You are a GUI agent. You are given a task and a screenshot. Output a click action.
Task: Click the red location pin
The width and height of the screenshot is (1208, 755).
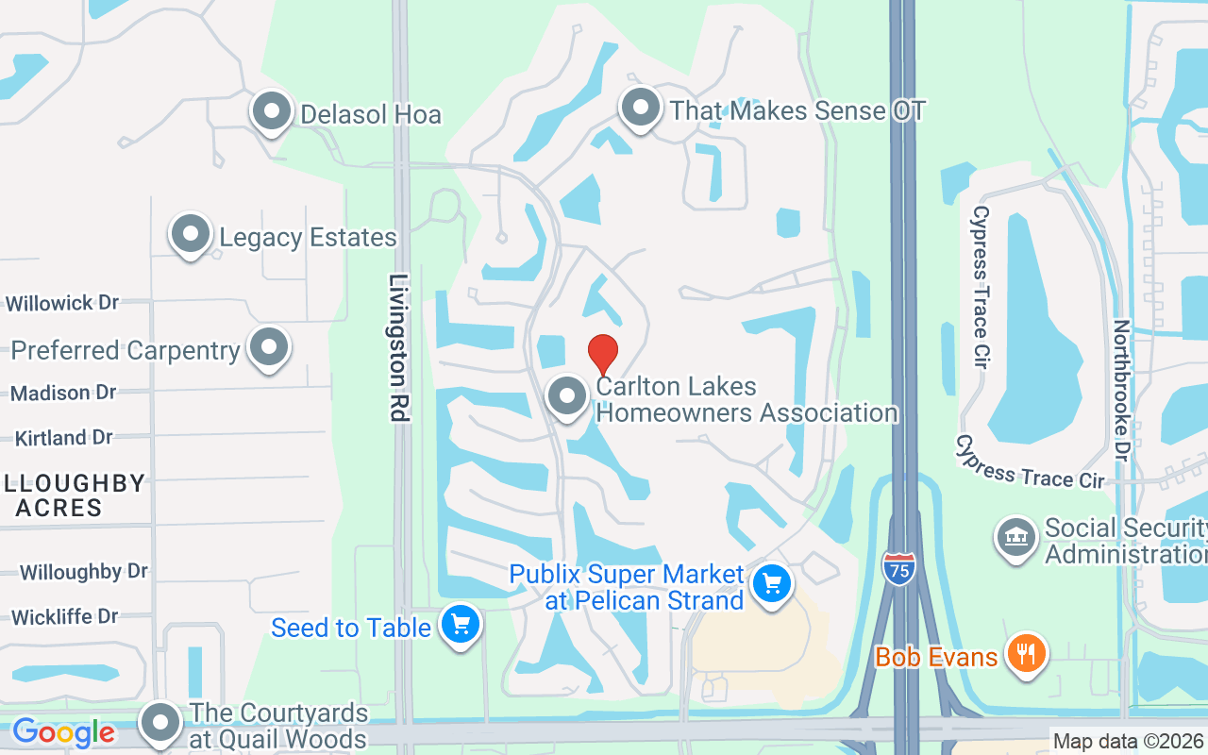(603, 354)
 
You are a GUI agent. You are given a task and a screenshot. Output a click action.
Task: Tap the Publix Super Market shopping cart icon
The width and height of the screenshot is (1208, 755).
(772, 585)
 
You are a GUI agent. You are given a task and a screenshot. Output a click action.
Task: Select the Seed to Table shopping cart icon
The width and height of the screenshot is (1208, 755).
(461, 625)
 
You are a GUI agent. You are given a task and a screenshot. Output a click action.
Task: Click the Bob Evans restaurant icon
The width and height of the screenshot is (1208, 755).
(1024, 653)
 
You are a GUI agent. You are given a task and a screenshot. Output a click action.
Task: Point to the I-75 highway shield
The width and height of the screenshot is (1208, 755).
(899, 568)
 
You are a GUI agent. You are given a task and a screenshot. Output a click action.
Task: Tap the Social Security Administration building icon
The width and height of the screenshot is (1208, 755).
(1016, 538)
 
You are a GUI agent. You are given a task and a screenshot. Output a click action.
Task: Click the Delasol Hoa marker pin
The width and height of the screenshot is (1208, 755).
(272, 111)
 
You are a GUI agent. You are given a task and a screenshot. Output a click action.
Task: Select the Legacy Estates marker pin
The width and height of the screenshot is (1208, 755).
(190, 233)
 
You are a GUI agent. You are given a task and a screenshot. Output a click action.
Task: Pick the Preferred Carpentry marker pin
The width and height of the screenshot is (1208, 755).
(269, 347)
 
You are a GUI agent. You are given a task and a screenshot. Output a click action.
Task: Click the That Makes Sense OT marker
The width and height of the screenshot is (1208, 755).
(641, 108)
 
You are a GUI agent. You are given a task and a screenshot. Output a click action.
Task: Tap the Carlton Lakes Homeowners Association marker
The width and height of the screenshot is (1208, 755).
(567, 397)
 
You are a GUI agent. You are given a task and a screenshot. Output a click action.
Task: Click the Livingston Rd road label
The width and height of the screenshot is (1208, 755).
(400, 347)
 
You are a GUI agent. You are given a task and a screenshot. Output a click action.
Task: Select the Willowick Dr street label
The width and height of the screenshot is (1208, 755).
(62, 303)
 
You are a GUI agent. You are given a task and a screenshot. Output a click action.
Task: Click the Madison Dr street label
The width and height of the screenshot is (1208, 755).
(63, 392)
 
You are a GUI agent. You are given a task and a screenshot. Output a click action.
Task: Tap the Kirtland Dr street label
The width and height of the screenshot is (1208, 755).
(63, 438)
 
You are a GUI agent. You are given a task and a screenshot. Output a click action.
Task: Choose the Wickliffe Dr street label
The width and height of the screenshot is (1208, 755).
(64, 617)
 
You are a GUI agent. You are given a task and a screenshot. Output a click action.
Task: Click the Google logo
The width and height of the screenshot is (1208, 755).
(63, 732)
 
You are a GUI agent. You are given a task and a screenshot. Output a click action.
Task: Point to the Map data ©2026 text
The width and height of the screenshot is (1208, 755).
(1129, 742)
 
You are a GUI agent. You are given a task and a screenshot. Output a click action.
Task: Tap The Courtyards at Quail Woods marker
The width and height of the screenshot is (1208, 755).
(160, 723)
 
